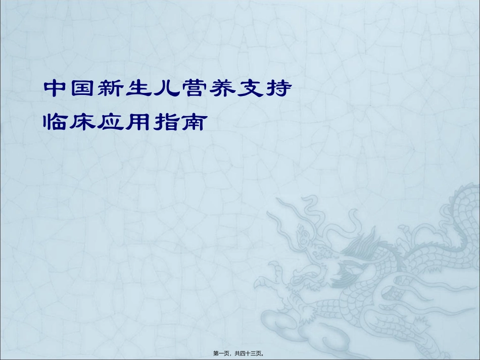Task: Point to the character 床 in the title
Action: (83, 122)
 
